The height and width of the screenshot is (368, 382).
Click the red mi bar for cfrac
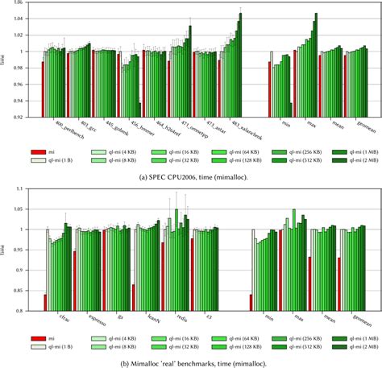tap(45, 302)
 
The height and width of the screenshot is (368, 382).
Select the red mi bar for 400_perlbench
tap(42, 89)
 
